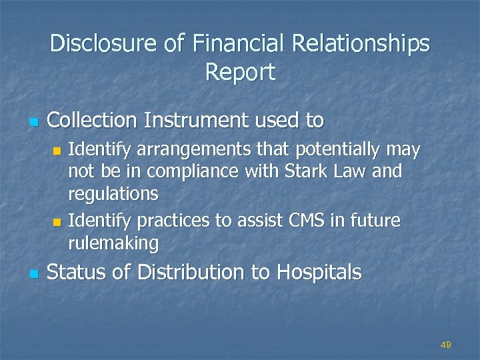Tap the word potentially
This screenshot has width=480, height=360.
point(339,150)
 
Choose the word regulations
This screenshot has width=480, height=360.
point(113,194)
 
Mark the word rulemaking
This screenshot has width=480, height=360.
point(113,243)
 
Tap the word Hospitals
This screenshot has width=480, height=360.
point(319,272)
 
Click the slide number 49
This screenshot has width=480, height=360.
point(446,345)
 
